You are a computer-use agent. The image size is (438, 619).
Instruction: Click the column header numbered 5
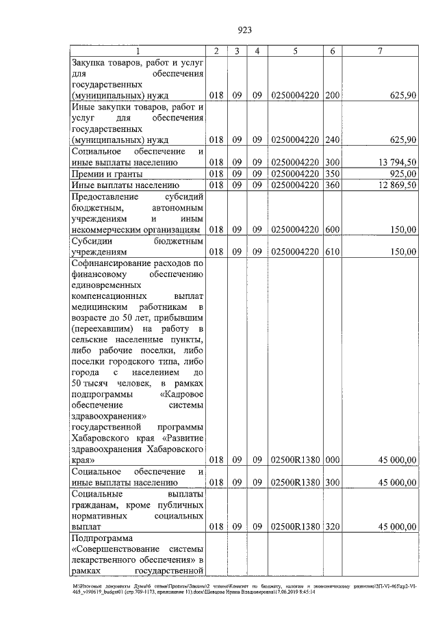[295, 51]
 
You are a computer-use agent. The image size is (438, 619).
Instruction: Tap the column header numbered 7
[380, 51]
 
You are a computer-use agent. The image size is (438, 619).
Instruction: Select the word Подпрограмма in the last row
[101, 538]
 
